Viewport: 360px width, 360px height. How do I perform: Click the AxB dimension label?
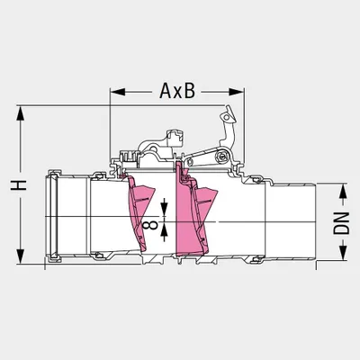point(177,91)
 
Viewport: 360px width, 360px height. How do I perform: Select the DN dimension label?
point(342,223)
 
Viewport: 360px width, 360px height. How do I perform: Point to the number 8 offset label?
point(150,223)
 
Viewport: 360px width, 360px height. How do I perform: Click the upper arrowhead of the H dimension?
point(20,113)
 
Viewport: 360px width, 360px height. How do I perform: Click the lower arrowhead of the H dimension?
point(20,256)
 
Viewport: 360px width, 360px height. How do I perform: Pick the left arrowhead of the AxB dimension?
point(118,92)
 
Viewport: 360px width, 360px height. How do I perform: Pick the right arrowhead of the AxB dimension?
point(236,92)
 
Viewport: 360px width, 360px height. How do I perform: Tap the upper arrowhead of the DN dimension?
point(343,190)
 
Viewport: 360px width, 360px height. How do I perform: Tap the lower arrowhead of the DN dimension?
point(343,253)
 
